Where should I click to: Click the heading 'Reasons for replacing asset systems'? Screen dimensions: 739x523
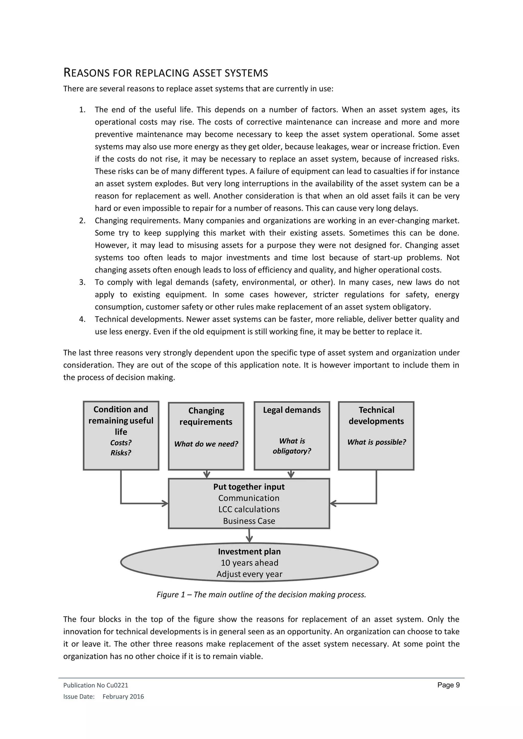click(165, 73)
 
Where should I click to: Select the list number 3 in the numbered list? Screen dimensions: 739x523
click(82, 282)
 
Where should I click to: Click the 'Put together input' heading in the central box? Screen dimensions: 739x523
click(249, 487)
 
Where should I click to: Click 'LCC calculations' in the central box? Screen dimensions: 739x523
click(249, 509)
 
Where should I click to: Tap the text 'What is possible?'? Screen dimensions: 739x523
click(376, 442)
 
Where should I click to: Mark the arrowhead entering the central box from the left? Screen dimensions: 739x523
click(165, 503)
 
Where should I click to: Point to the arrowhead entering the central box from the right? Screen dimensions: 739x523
click(333, 503)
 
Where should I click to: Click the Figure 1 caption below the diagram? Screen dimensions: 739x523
click(261, 595)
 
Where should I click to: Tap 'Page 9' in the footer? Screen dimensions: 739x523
click(448, 685)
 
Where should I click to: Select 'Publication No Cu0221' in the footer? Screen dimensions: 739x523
click(96, 685)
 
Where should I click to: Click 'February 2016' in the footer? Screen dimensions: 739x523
click(123, 697)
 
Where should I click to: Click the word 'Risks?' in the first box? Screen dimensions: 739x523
click(121, 453)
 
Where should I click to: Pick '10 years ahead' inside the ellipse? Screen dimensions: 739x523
click(249, 563)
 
